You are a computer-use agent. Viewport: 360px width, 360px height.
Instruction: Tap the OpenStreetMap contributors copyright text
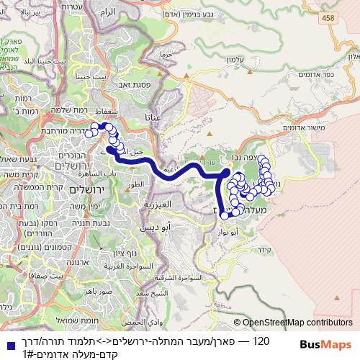click(x=298, y=323)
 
